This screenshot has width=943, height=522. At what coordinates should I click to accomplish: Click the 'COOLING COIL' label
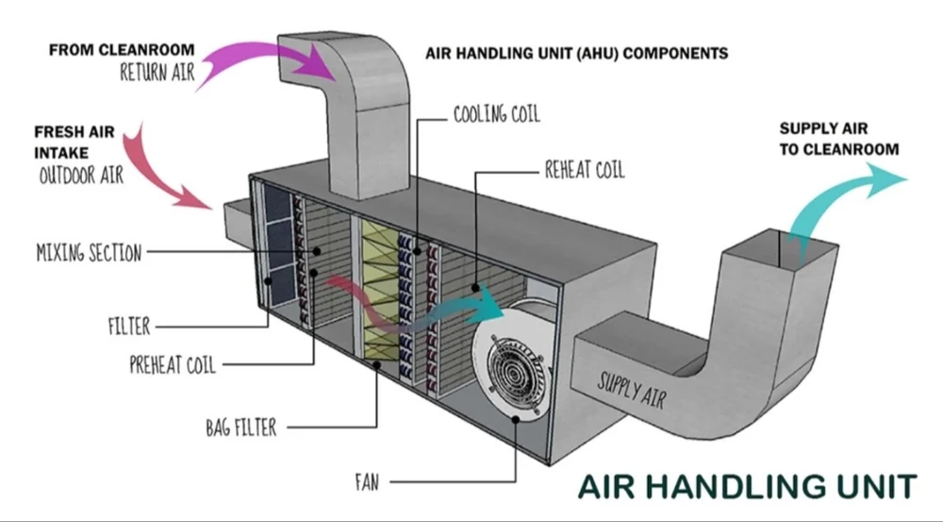click(496, 115)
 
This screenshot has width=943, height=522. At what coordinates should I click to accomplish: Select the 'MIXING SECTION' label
click(89, 252)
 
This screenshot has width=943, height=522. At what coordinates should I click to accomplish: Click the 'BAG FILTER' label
click(241, 428)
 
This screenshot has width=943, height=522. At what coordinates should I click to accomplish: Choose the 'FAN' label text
click(367, 481)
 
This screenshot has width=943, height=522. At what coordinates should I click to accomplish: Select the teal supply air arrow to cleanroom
click(839, 194)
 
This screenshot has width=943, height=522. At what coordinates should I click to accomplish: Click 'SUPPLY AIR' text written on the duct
click(631, 389)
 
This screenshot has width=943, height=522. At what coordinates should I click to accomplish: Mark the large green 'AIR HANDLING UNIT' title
click(746, 486)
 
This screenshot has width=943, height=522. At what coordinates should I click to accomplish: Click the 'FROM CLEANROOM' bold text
click(123, 48)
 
